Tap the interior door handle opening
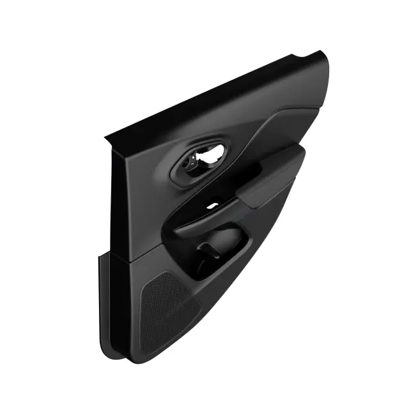tap(203, 159)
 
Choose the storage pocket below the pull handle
tap(217, 256)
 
